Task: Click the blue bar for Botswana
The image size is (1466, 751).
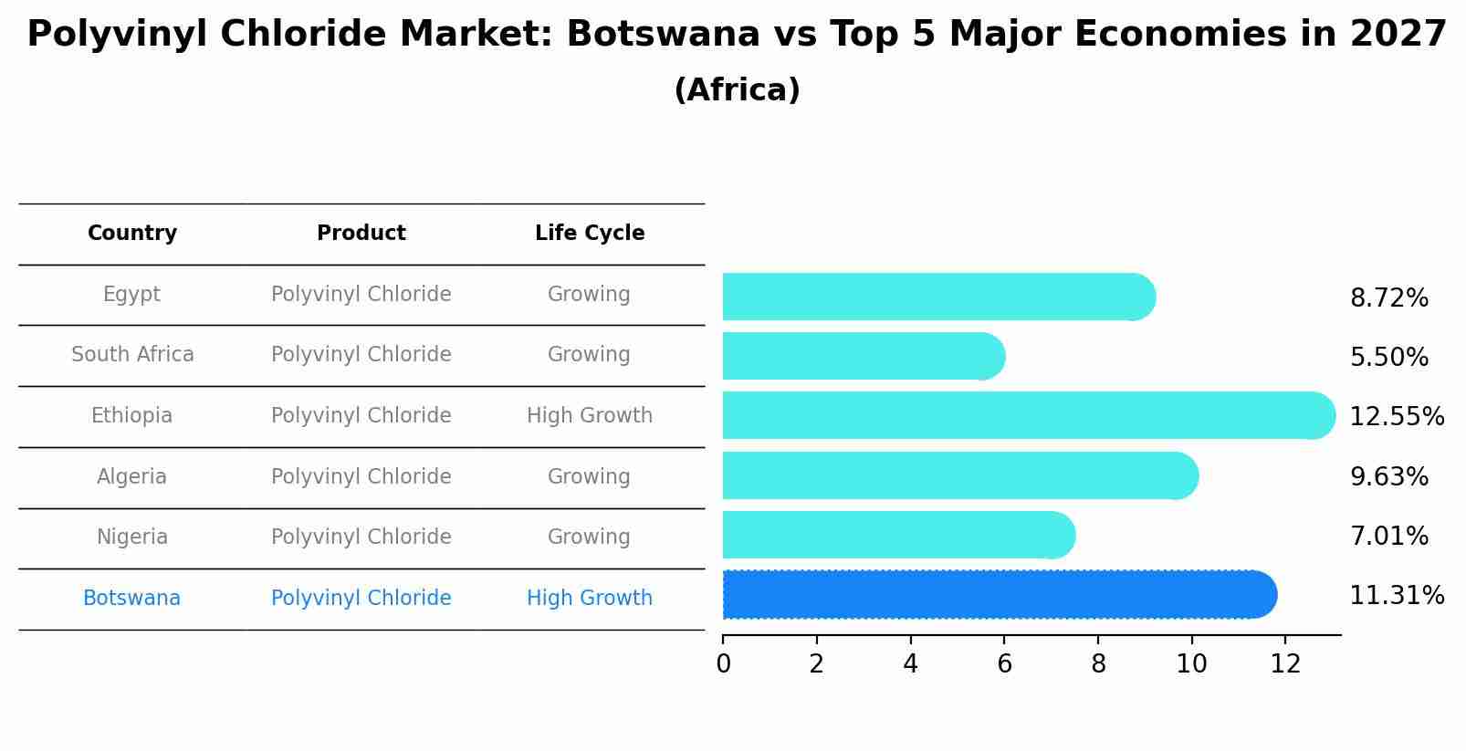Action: pyautogui.click(x=995, y=595)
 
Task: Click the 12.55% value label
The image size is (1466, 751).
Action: pyautogui.click(x=1396, y=417)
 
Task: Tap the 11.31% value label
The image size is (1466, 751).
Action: pyautogui.click(x=1396, y=596)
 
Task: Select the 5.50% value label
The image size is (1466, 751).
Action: pyautogui.click(x=1388, y=357)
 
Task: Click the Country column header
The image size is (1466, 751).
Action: pyautogui.click(x=132, y=234)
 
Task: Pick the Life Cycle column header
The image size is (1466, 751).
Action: pyautogui.click(x=590, y=234)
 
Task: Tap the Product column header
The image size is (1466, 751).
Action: pyautogui.click(x=361, y=234)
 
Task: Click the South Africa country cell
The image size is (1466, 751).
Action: pyautogui.click(x=132, y=355)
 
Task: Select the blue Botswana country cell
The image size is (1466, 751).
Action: pyautogui.click(x=132, y=599)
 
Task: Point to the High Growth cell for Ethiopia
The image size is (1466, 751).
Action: pyautogui.click(x=590, y=416)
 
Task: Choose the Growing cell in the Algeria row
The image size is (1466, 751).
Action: pyautogui.click(x=589, y=477)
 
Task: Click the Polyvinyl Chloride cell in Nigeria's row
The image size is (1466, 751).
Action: pyautogui.click(x=361, y=537)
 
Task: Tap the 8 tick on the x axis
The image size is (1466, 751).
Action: pyautogui.click(x=1098, y=664)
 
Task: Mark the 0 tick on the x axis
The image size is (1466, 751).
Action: pyautogui.click(x=724, y=664)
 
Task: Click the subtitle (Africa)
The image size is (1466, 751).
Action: pyautogui.click(x=737, y=90)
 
